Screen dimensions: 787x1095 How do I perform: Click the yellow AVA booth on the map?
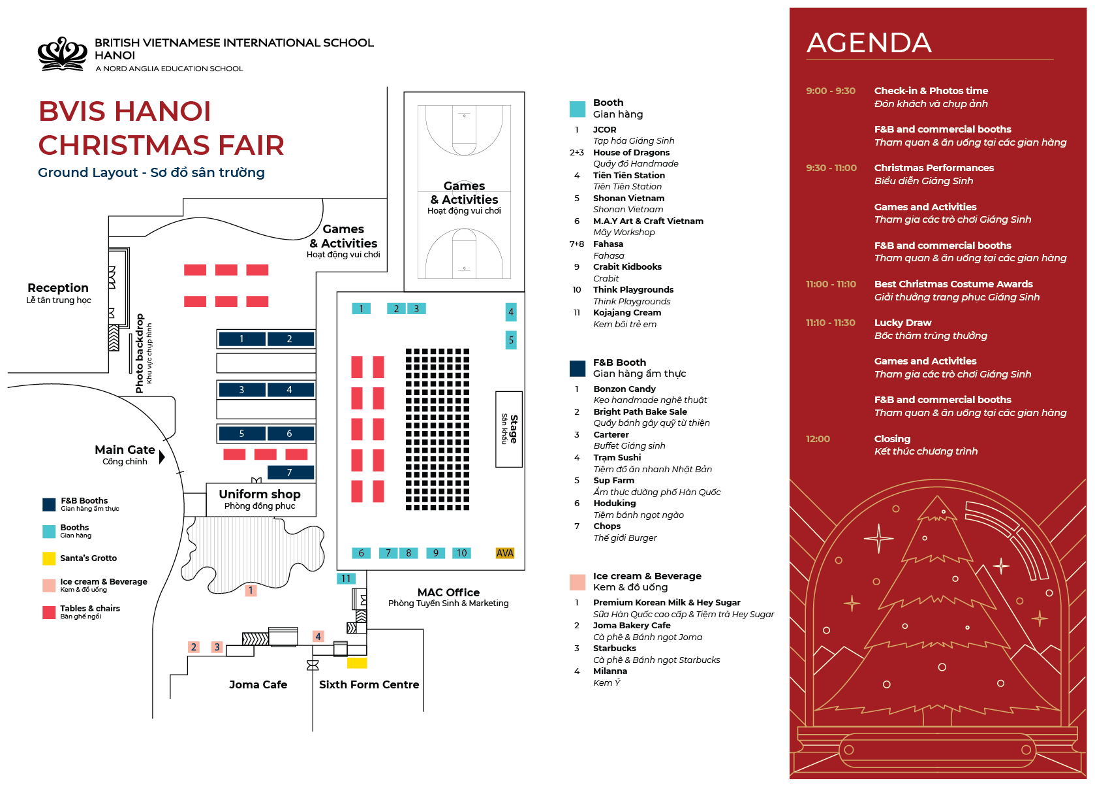click(x=505, y=553)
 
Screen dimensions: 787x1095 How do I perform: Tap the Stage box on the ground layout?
click(x=509, y=429)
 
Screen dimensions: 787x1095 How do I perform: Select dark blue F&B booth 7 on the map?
click(x=290, y=472)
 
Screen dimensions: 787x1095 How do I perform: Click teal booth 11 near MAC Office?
click(x=346, y=579)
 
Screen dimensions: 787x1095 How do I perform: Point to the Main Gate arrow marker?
click(x=162, y=456)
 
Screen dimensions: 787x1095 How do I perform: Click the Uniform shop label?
click(x=260, y=494)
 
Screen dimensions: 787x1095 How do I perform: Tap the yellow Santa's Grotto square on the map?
click(x=357, y=663)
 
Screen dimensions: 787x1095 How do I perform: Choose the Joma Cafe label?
click(x=258, y=684)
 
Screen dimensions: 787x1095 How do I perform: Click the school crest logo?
click(x=62, y=54)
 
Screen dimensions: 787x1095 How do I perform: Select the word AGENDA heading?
click(x=869, y=43)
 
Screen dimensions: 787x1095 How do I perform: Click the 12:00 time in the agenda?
click(x=818, y=439)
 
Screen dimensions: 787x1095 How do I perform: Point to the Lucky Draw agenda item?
click(x=902, y=323)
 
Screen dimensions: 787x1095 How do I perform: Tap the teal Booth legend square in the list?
click(x=578, y=109)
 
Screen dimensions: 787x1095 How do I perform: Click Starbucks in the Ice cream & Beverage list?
click(x=614, y=649)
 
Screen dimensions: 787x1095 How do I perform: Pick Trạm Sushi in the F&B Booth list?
click(x=617, y=458)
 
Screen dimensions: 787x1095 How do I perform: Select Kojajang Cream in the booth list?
click(x=626, y=313)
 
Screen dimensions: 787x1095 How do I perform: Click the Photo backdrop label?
click(x=140, y=353)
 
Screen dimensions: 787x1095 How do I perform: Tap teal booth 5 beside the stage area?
click(x=511, y=340)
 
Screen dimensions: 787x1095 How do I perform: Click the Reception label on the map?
click(x=58, y=288)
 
